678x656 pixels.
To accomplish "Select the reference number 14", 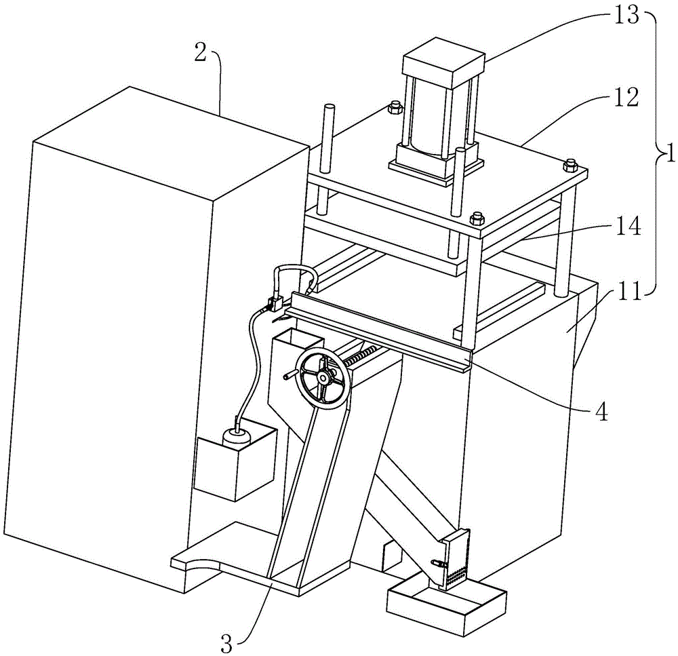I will coord(627,226).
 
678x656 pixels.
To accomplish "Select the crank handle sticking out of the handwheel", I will coord(290,374).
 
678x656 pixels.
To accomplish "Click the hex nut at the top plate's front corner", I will coord(476,218).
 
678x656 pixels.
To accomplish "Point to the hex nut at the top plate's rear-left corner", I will coord(394,107).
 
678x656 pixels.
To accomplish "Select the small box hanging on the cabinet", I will coord(234,461).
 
